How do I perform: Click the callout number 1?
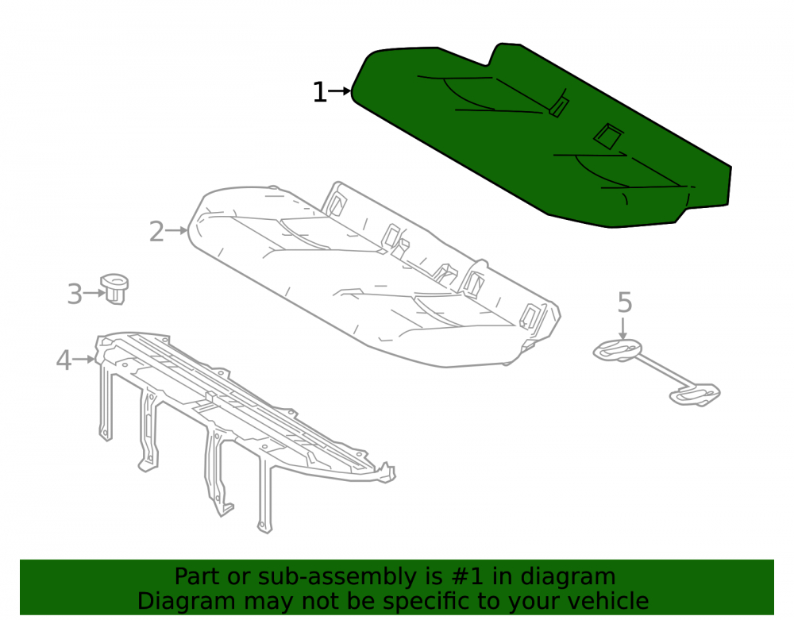pos(319,93)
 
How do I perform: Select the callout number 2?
pos(156,232)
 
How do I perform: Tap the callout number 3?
pos(75,294)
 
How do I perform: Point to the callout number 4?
pos(64,361)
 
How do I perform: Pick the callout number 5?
pos(625,302)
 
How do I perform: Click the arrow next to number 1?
pos(339,91)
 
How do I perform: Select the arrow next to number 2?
pos(177,230)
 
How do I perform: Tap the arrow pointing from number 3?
pos(94,293)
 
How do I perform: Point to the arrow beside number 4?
pos(83,360)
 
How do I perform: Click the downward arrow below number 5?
pos(623,327)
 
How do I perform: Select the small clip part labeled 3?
pos(115,288)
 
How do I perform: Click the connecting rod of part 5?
pos(657,374)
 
